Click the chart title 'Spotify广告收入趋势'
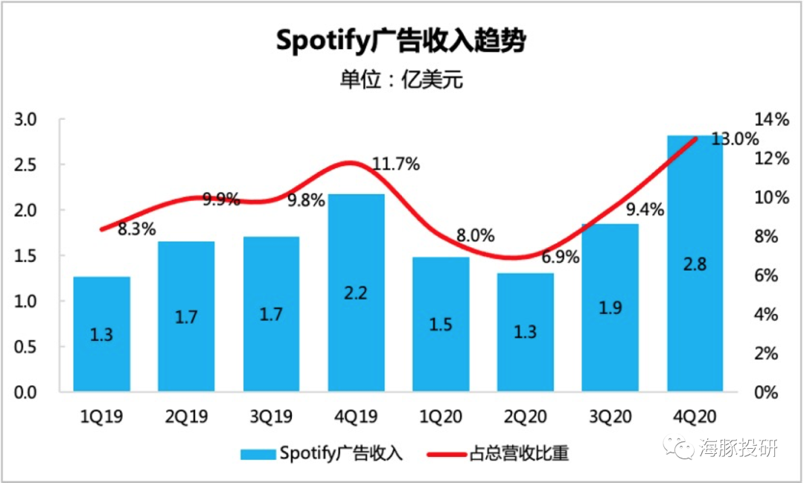point(401,40)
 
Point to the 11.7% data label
point(395,164)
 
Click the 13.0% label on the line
point(734,139)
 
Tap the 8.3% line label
point(137,228)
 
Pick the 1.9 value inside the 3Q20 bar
point(610,307)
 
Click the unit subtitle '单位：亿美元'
point(401,79)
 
